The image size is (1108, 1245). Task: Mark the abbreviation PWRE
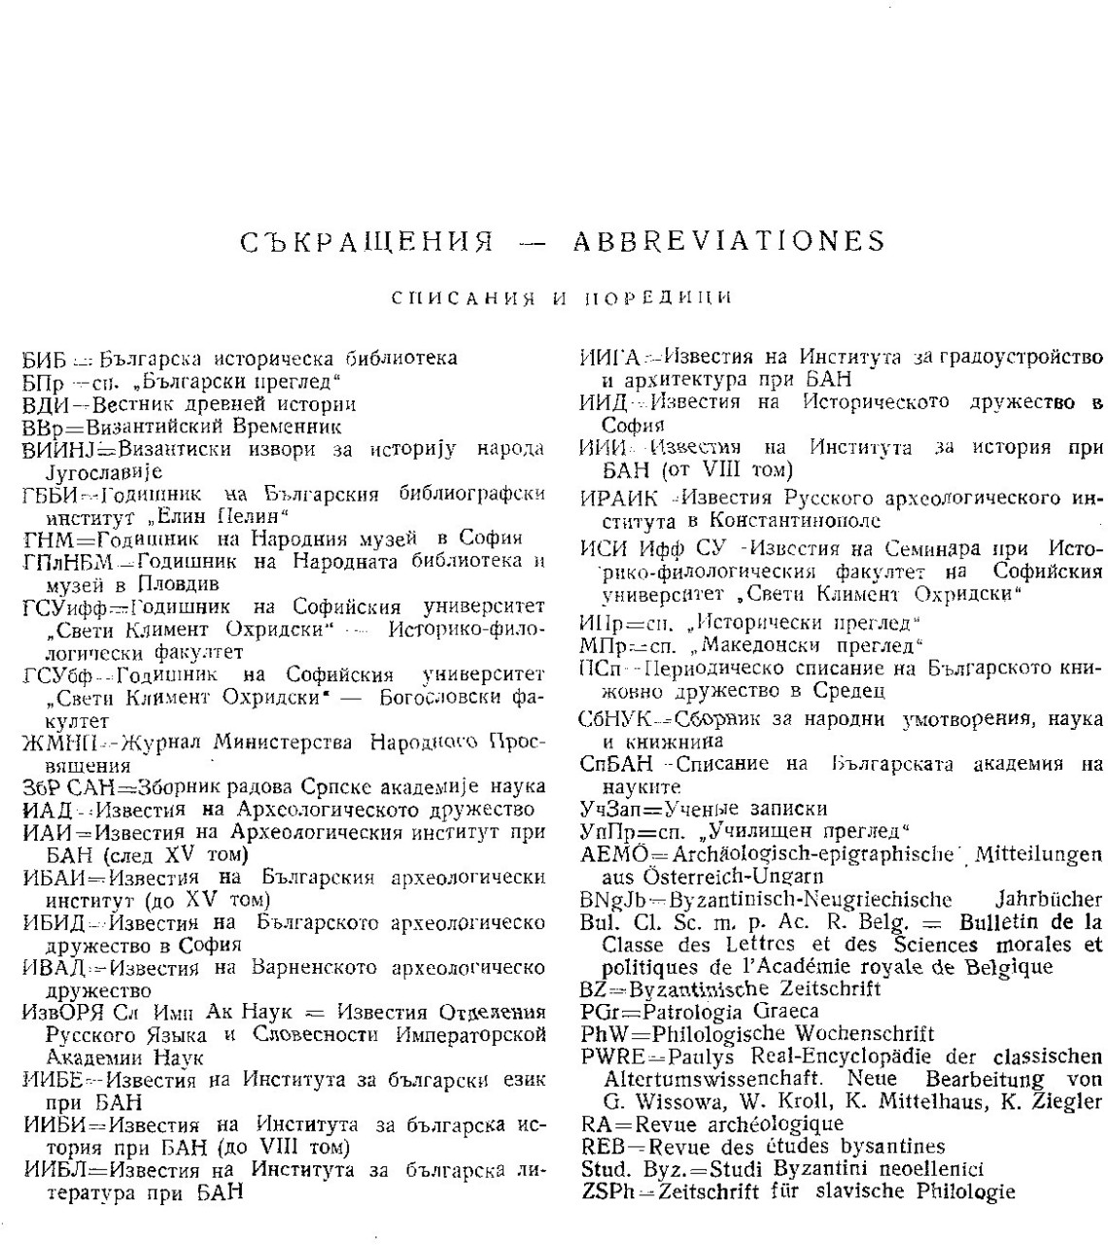[610, 1056]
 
